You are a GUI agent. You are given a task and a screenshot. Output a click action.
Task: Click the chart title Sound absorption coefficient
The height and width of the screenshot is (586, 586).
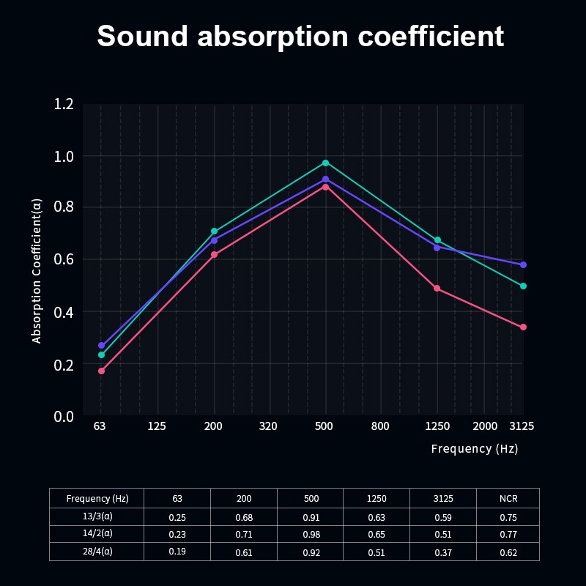(300, 36)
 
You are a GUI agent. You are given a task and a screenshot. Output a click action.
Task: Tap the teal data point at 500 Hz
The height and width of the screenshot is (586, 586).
(325, 163)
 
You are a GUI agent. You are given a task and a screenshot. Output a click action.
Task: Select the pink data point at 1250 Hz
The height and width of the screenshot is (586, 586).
(437, 289)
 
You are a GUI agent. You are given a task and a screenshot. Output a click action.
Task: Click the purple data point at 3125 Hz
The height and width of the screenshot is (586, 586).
(523, 264)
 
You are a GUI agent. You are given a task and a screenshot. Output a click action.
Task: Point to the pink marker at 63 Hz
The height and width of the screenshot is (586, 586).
(101, 371)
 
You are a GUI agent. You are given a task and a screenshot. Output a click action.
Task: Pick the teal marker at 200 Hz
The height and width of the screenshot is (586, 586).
(214, 231)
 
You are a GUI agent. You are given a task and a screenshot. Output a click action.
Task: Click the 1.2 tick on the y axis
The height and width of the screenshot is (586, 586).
(64, 104)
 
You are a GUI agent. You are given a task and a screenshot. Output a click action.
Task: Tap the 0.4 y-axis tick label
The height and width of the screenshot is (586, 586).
(64, 312)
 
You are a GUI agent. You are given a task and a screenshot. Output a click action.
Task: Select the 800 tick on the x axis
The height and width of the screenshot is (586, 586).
(380, 426)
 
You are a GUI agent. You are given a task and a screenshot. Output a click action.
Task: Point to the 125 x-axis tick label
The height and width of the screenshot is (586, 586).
(157, 426)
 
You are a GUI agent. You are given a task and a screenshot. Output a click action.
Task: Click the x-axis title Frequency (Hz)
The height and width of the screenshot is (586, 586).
(474, 448)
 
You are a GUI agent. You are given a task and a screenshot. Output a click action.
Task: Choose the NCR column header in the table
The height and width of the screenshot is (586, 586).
(508, 498)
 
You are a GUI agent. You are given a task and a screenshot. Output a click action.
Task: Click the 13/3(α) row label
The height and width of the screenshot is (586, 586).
(97, 516)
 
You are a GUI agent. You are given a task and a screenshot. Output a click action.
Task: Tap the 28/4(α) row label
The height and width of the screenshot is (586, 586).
(97, 552)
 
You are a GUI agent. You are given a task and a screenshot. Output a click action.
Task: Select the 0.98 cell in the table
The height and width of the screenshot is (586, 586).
(311, 535)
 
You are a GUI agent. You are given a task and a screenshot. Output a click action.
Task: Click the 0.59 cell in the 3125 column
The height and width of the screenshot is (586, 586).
(443, 517)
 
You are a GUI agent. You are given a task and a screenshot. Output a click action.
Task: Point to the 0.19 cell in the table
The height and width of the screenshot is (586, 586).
(177, 552)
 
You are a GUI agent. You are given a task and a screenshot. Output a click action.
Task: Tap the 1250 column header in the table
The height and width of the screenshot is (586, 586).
(377, 498)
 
